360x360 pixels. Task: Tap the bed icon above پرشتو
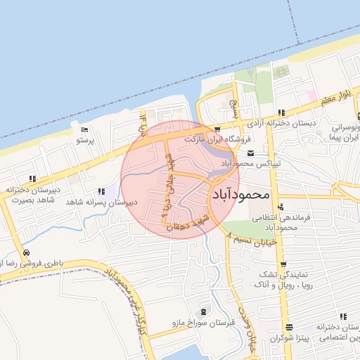(x=84, y=130)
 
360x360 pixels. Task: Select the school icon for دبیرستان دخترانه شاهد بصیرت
(x=32, y=179)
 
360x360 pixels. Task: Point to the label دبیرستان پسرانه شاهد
(x=101, y=202)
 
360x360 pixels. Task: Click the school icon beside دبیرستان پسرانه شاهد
(x=104, y=191)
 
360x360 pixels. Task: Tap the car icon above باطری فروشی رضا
(x=26, y=253)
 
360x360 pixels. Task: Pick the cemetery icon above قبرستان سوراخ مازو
(x=204, y=312)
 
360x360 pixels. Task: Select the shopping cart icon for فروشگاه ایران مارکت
(x=217, y=129)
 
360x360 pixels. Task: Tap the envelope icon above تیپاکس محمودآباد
(x=251, y=153)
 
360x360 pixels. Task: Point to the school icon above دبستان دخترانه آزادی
(x=281, y=112)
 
